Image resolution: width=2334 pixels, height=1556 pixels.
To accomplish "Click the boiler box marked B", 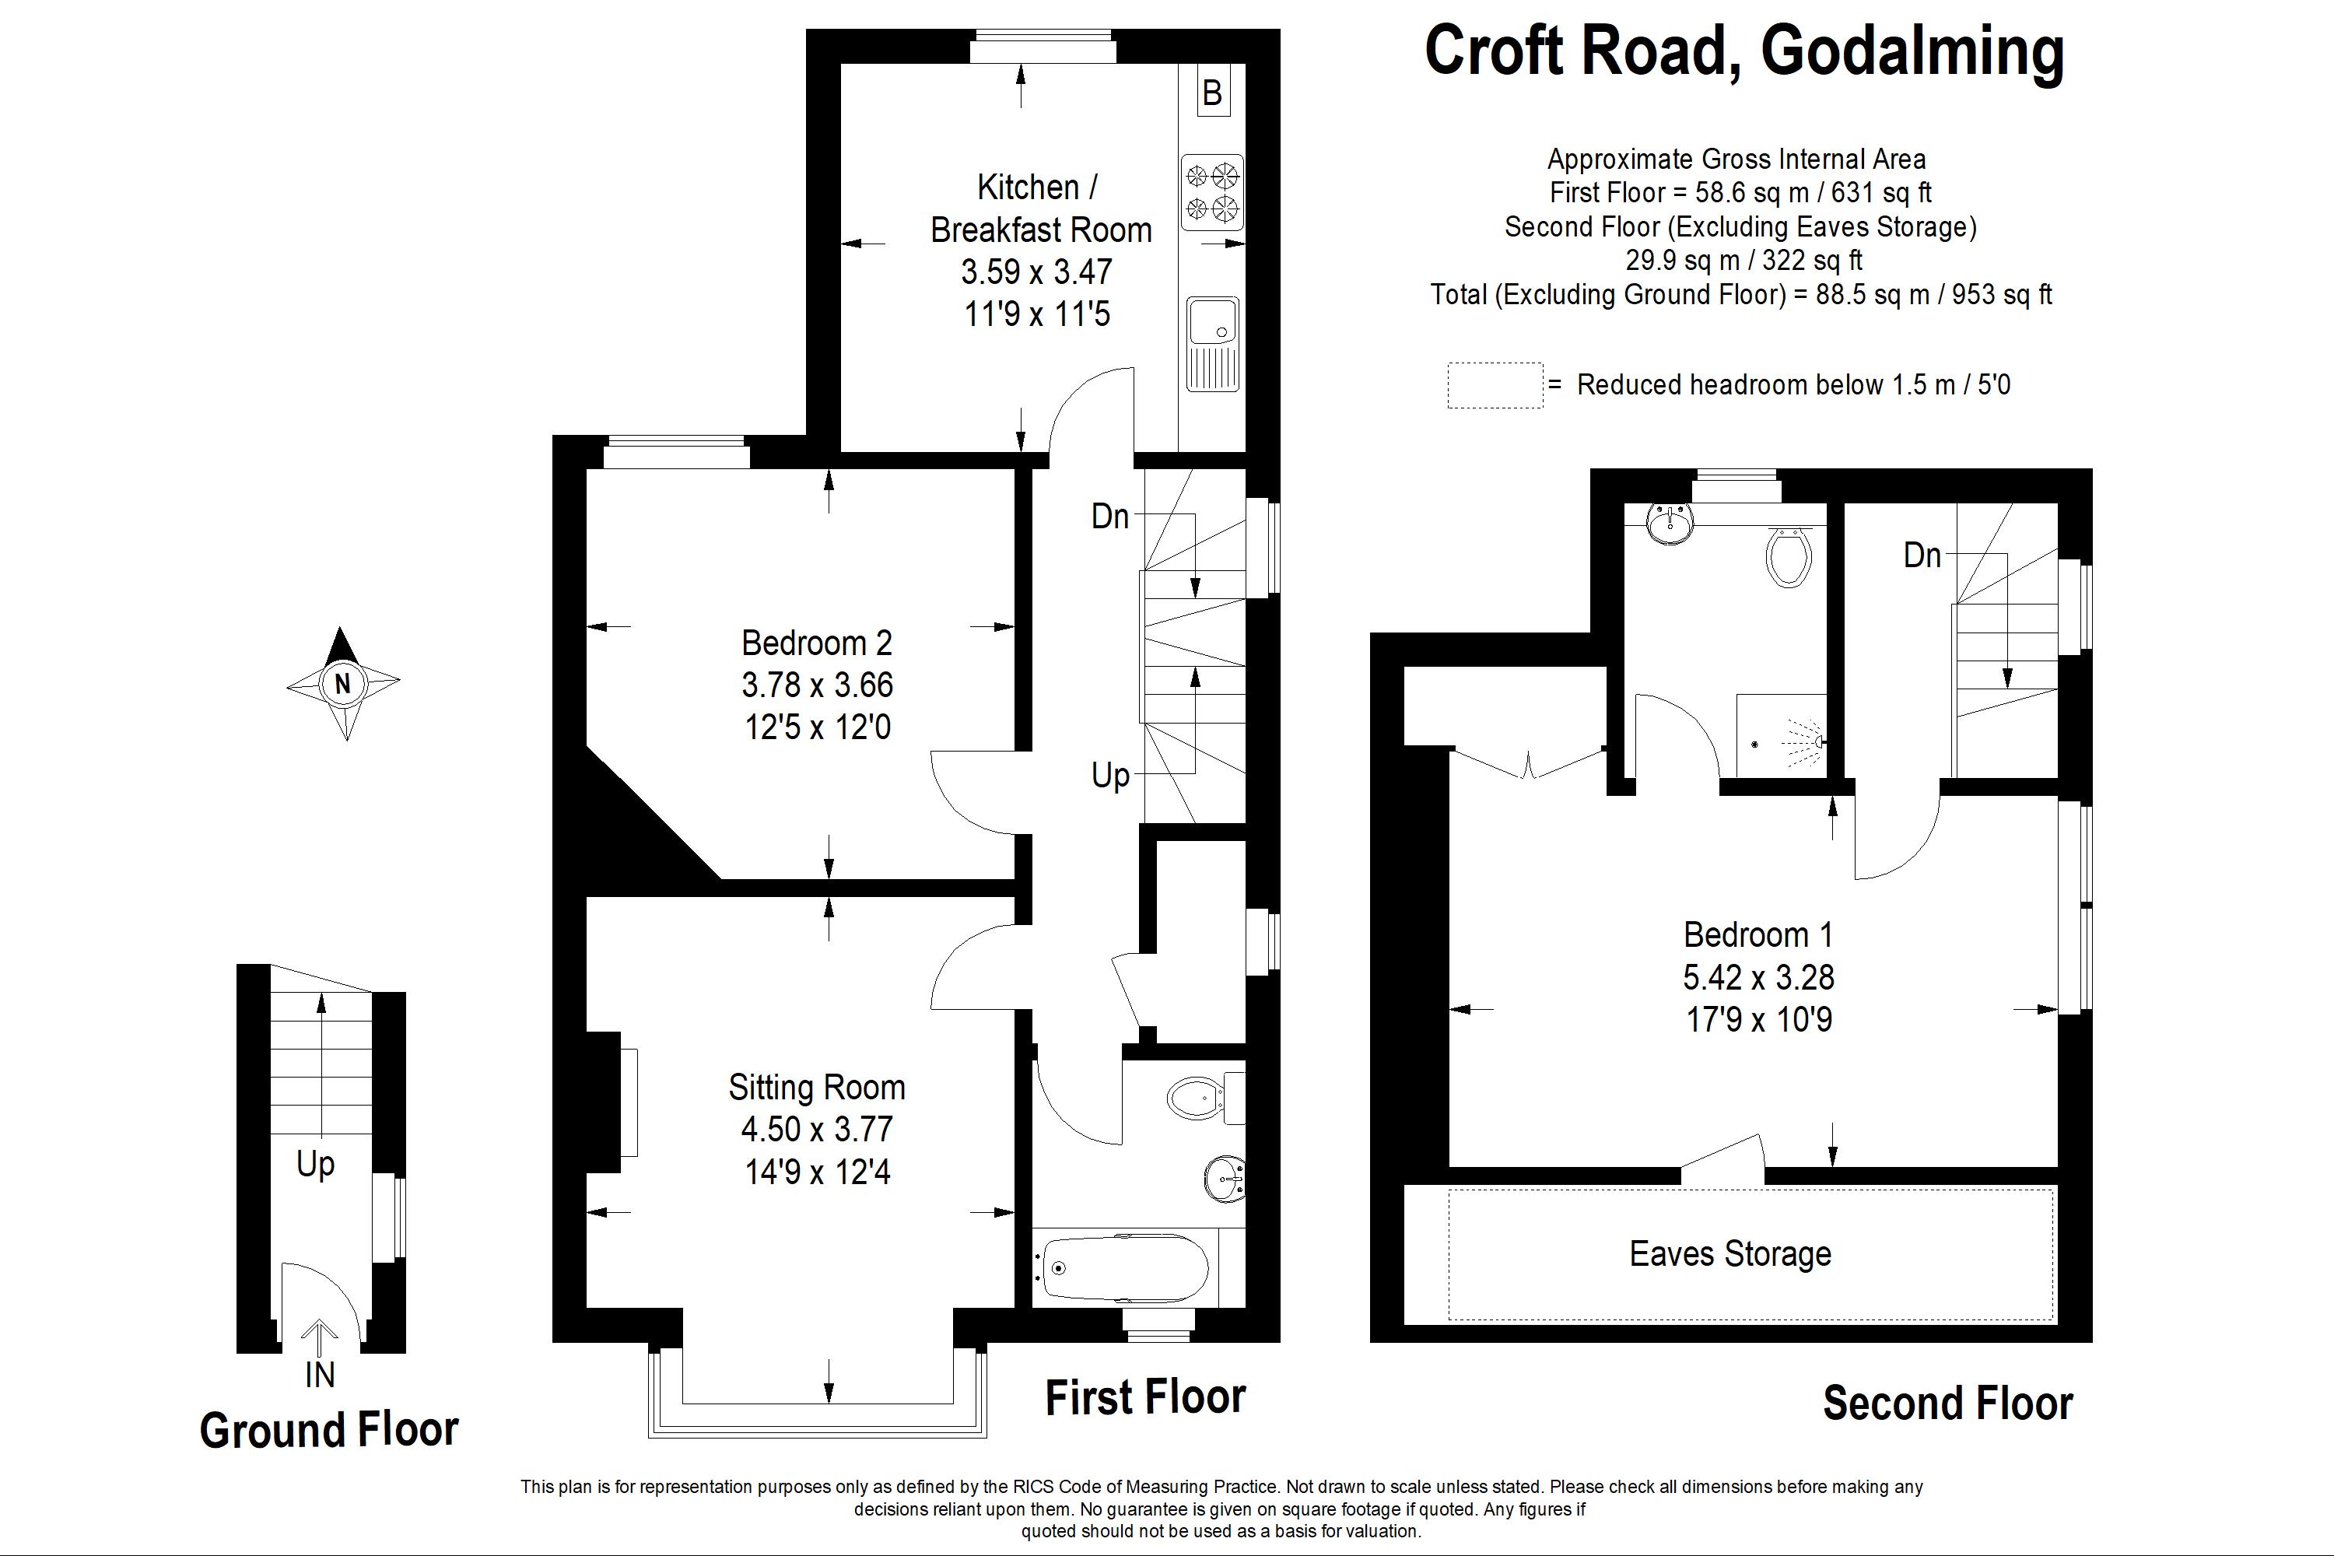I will click(x=1211, y=93).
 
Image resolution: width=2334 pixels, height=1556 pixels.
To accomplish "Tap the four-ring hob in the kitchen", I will click(x=1211, y=192).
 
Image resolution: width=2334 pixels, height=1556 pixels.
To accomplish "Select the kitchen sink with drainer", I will click(x=1211, y=342).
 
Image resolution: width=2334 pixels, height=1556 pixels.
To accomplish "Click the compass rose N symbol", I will click(x=342, y=683).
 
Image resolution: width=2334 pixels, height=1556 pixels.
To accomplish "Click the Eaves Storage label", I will click(x=1729, y=1253).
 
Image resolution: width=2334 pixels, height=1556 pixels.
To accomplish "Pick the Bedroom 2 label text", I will click(x=817, y=643).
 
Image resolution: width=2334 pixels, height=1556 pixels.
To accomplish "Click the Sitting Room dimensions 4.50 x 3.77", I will click(x=817, y=1130).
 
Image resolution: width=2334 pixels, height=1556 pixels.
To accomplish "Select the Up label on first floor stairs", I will click(x=1110, y=775).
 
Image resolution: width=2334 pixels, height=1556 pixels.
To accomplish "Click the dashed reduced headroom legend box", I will click(x=1495, y=385).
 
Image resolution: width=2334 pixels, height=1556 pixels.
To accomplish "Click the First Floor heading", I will click(x=1145, y=1397).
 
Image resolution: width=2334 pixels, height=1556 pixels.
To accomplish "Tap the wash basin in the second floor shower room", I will click(x=1670, y=522).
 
